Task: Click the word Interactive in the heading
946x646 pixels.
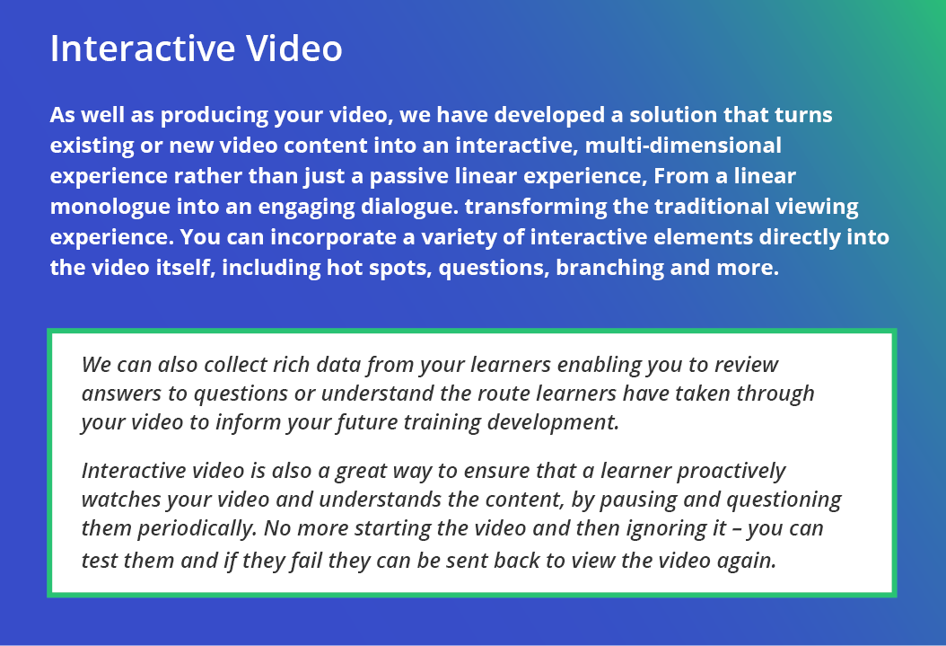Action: [143, 49]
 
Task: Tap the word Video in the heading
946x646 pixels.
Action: [294, 49]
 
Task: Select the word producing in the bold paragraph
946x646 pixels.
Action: [215, 116]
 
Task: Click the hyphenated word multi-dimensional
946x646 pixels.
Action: [684, 146]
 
